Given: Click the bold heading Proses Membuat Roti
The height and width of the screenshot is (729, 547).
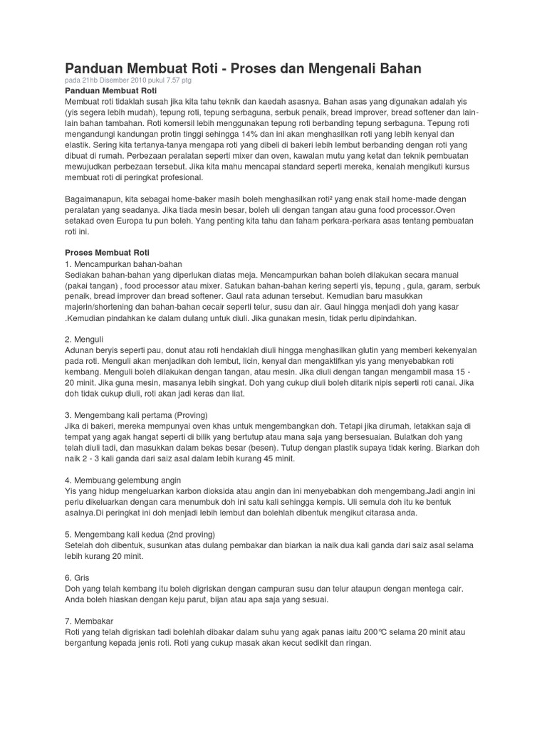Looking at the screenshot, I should [106, 252].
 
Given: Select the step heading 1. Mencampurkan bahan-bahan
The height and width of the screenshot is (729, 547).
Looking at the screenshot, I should [114, 263].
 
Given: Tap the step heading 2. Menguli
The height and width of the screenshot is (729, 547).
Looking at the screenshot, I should [82, 340].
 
